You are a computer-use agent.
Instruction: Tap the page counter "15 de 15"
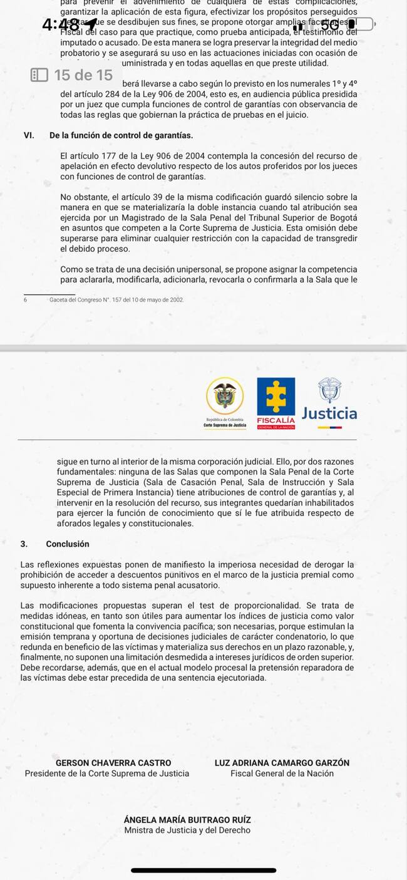(83, 76)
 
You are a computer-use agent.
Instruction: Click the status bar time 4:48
(61, 25)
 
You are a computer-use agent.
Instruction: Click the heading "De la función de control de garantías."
(121, 135)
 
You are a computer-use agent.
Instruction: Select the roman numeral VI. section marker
(28, 135)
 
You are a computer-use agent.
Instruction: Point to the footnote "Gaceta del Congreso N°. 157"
(116, 300)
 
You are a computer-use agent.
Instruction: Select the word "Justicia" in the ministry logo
(329, 413)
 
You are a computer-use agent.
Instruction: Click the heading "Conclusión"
(68, 544)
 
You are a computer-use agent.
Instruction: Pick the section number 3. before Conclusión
(24, 544)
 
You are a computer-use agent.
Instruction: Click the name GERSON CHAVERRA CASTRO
(113, 763)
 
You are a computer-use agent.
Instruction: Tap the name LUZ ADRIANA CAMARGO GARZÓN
(282, 763)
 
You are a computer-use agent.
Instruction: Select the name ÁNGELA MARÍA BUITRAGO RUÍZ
(187, 820)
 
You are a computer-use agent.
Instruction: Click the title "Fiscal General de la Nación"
(282, 774)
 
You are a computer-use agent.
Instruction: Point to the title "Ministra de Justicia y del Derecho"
(187, 831)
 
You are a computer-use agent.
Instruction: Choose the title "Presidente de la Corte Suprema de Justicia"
(107, 774)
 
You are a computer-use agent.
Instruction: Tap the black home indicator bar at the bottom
(203, 870)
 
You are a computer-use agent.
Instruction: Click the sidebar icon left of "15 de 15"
(39, 76)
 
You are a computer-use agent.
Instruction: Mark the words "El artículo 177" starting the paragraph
(88, 156)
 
